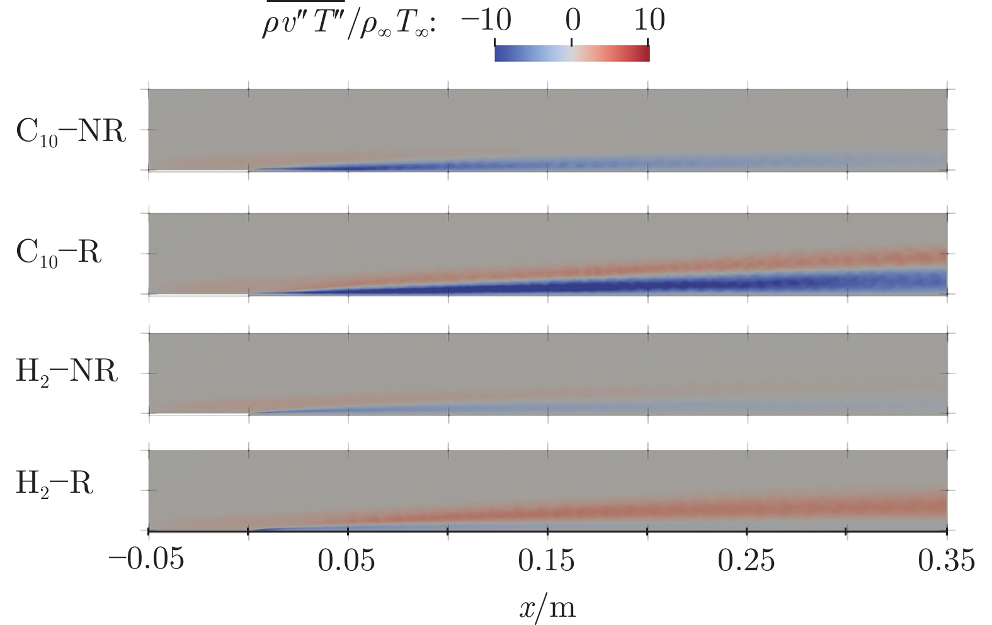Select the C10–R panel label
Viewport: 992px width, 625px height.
(x=59, y=253)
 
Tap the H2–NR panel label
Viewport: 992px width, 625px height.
(x=67, y=372)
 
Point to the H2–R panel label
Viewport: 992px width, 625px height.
(x=54, y=484)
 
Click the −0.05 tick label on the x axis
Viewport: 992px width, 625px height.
(x=147, y=559)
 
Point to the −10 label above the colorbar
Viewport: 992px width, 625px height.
(x=486, y=21)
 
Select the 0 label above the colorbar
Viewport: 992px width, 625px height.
(x=572, y=21)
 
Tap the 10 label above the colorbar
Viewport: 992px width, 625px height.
(x=649, y=21)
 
